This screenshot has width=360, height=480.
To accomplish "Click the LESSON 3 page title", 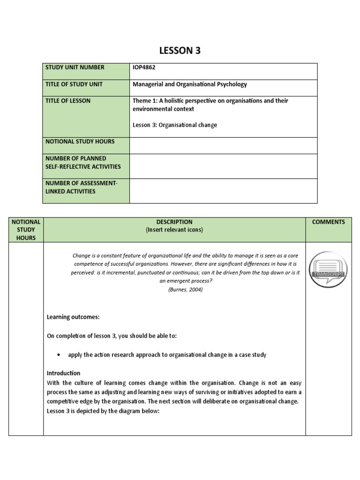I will [x=180, y=51].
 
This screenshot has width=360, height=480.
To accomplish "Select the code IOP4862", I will [x=144, y=67].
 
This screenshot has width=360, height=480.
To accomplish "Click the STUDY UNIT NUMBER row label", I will [x=75, y=67].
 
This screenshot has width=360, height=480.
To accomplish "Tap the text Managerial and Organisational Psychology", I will [x=190, y=84].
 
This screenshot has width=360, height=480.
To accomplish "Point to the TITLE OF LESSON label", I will [x=68, y=101].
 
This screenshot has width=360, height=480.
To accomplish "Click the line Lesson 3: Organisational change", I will [x=175, y=125].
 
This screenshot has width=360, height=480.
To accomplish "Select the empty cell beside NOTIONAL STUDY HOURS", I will [x=223, y=145].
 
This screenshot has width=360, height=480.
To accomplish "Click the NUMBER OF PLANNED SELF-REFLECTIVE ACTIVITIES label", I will [x=83, y=162].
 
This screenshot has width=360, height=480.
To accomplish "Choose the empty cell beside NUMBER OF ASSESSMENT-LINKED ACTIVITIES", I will [x=223, y=191].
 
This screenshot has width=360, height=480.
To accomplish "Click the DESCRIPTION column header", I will [x=174, y=222].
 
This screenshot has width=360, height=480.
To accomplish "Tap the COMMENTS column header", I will [x=328, y=222].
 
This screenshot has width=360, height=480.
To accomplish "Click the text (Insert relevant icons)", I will [x=174, y=230].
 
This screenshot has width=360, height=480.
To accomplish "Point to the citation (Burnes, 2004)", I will [x=185, y=290].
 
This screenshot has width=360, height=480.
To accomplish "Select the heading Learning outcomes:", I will [x=73, y=317].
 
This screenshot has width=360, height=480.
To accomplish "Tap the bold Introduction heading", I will [x=64, y=373].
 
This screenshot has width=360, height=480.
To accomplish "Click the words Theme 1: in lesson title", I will [x=146, y=101].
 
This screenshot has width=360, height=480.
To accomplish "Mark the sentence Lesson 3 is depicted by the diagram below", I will [x=104, y=411].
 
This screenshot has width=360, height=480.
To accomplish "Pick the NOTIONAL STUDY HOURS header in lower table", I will [x=26, y=230].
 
